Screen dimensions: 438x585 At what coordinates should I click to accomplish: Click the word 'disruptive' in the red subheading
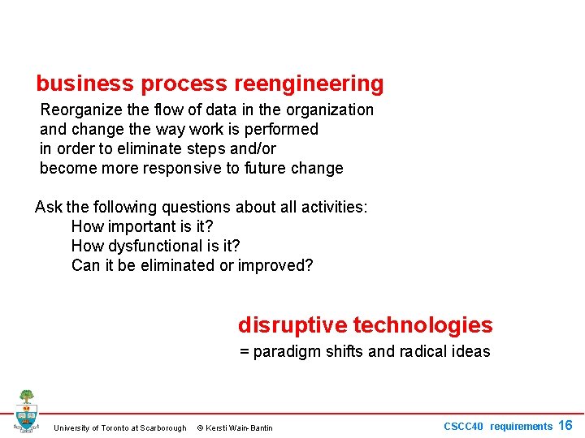293,325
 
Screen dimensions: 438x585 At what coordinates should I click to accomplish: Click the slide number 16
565,426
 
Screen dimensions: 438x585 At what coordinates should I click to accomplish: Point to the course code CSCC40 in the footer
463,427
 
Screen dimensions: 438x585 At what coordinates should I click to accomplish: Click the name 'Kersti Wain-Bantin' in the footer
240,428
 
